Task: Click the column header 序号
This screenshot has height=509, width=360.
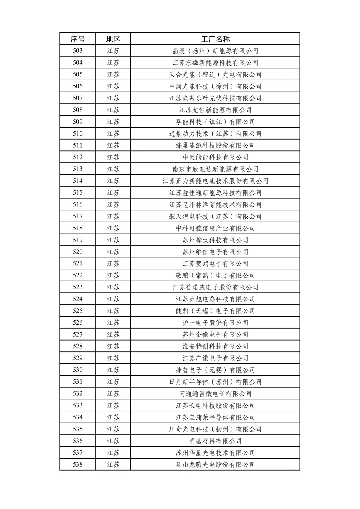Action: click(78, 39)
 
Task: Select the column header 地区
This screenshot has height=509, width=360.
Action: click(113, 39)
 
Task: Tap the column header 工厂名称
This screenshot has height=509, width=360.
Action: click(215, 39)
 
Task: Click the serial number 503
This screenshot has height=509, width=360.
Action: click(78, 51)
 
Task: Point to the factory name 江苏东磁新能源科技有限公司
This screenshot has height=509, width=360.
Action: click(215, 63)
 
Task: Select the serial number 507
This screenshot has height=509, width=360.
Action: click(78, 98)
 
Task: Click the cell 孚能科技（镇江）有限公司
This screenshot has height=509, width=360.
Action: click(215, 122)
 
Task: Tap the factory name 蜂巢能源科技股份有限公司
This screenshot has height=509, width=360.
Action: click(215, 146)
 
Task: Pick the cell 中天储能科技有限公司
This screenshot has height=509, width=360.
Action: click(215, 157)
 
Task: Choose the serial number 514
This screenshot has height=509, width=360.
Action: click(78, 181)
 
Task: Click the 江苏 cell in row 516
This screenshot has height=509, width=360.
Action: click(113, 205)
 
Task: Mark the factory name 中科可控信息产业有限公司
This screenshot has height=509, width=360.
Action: click(215, 228)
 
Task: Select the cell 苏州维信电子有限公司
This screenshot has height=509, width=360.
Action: click(215, 252)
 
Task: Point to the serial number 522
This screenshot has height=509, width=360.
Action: click(78, 275)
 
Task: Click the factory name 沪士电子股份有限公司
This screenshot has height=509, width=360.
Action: click(215, 323)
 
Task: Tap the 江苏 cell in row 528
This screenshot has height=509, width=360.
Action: click(113, 346)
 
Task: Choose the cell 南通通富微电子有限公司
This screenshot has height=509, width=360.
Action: click(215, 394)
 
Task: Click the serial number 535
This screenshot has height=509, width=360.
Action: click(78, 429)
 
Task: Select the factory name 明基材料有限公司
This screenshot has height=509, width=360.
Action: click(215, 441)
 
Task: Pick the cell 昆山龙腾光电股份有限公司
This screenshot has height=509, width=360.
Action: click(215, 465)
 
